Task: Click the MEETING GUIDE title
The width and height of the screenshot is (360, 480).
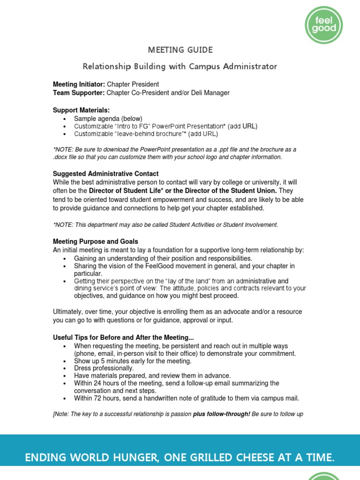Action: coord(180,50)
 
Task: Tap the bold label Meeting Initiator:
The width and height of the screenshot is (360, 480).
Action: coord(79,84)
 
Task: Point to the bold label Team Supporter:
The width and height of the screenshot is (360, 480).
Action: coord(79,93)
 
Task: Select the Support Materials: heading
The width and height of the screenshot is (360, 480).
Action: coord(81,110)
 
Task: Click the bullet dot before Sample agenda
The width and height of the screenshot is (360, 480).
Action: coord(65,119)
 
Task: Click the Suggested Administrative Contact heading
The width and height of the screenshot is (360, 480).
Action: coord(106,174)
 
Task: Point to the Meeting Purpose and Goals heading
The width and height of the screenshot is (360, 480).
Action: coord(96,241)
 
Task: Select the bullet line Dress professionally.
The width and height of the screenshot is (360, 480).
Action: coord(104,368)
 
